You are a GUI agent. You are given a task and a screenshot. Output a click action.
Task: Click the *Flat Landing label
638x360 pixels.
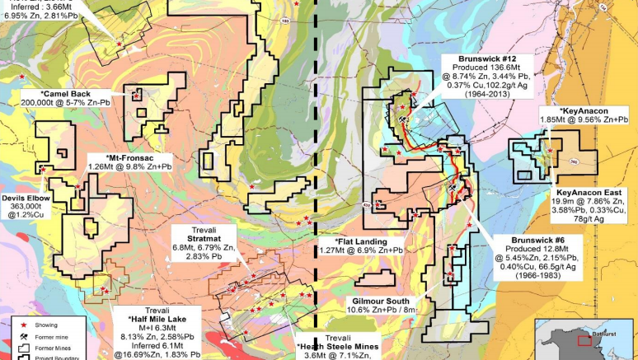[360, 239]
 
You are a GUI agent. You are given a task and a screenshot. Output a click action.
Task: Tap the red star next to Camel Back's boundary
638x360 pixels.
[134, 96]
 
